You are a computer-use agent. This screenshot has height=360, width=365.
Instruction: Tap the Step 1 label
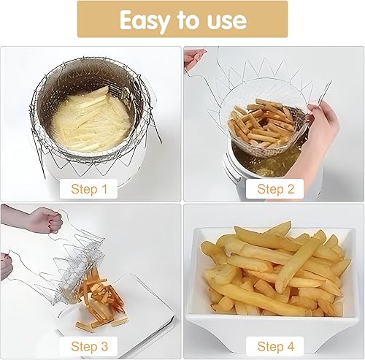[x=89, y=188]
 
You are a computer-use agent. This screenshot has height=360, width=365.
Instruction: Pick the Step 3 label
[x=89, y=345]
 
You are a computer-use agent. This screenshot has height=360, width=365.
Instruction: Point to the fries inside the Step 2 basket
[x=259, y=124]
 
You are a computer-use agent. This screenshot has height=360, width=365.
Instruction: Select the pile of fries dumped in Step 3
[x=102, y=299]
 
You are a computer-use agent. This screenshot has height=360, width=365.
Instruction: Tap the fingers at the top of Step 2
[x=193, y=58]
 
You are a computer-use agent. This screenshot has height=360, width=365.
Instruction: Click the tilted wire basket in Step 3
[x=80, y=256]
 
